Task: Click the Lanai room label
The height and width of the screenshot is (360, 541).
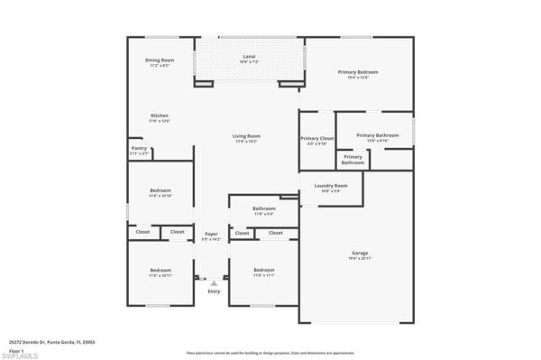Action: point(248,59)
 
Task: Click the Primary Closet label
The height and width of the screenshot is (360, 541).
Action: point(316,140)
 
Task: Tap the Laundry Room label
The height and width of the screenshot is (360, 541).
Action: point(331,188)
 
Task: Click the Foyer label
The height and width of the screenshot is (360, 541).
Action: point(211,235)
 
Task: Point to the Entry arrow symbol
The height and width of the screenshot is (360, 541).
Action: point(214,282)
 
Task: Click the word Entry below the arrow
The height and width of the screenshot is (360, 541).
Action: point(214,291)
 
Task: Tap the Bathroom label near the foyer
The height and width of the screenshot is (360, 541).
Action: point(264,211)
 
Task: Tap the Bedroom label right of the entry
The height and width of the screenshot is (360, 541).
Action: point(263,272)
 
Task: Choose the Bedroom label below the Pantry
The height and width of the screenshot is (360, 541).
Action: point(160,192)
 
